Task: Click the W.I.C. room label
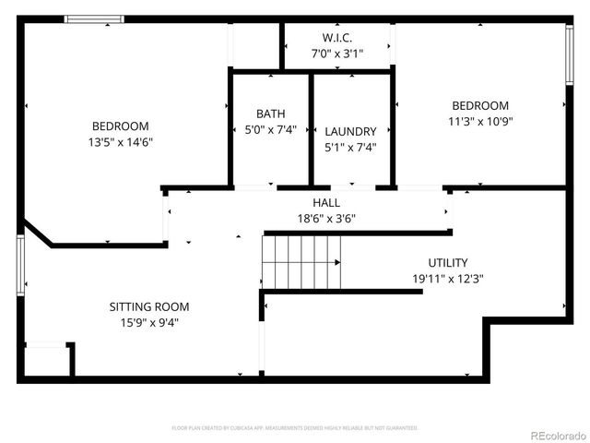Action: [x=337, y=38]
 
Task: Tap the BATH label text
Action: [x=271, y=114]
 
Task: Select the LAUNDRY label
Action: [x=350, y=131]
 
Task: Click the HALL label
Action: [x=326, y=202]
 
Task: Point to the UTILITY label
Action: [x=447, y=262]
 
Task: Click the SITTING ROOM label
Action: [x=149, y=306]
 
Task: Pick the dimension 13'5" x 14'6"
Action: [x=120, y=142]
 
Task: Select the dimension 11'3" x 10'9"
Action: [x=479, y=121]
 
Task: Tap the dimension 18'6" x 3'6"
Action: [x=326, y=219]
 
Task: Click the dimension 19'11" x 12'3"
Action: [x=448, y=278]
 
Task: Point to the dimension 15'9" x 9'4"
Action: [x=149, y=322]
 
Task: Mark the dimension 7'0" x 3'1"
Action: [x=337, y=54]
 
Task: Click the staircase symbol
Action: [x=301, y=261]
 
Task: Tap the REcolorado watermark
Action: [x=557, y=435]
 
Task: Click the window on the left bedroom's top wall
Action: [x=94, y=18]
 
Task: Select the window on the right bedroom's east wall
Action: [x=570, y=56]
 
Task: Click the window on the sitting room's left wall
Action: [x=20, y=265]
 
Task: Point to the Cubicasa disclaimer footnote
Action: [x=295, y=428]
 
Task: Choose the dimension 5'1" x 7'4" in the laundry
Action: [x=350, y=147]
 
